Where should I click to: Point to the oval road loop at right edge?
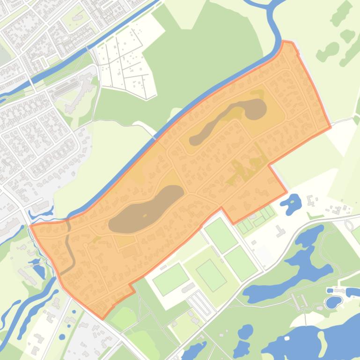349,225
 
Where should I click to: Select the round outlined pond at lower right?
333,302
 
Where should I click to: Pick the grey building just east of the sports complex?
280,231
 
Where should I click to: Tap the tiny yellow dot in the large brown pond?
145,216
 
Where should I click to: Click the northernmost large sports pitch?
220,235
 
